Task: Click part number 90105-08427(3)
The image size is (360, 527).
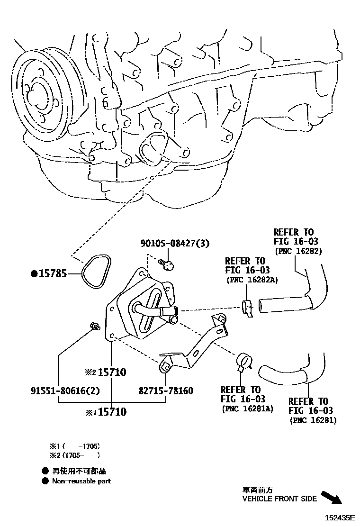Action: pos(175,243)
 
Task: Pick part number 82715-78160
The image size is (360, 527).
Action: pos(166,391)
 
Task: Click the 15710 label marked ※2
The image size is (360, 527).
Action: pos(112,372)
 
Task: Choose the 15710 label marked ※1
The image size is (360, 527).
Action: pos(112,412)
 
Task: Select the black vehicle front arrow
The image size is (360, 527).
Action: pos(332,498)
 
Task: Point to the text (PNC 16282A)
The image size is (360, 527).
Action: pos(252,280)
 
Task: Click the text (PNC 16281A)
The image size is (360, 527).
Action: pos(247,409)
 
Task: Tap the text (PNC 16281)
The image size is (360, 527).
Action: pos(313,420)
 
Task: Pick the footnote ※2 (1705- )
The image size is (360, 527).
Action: pos(75,455)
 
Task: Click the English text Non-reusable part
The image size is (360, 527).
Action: pos(81,481)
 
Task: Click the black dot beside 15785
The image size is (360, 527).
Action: pos(34,273)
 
